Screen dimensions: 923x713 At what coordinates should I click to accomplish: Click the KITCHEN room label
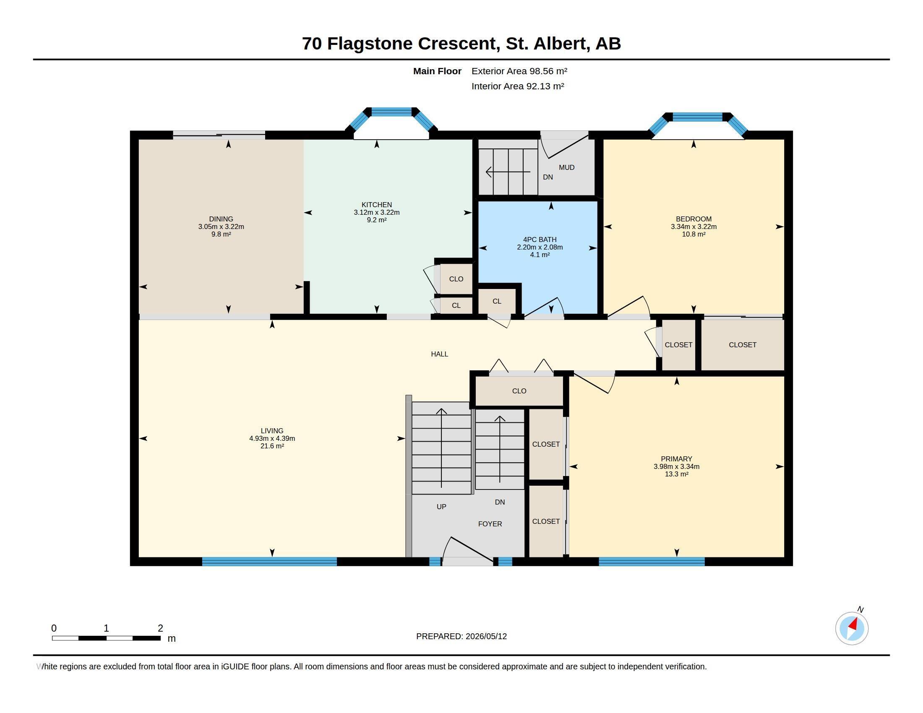coord(377,205)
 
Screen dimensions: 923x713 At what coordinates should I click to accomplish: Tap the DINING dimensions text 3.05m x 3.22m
coord(221,227)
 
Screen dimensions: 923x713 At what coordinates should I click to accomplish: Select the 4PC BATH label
coord(540,239)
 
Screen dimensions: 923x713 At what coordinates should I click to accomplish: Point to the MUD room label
coord(567,168)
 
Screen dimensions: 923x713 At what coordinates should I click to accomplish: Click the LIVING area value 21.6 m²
coord(272,446)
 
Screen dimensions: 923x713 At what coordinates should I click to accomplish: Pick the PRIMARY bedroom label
coord(677,459)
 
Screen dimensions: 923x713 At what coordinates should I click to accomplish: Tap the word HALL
coord(440,354)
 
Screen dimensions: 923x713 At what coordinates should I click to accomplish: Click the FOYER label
coord(490,524)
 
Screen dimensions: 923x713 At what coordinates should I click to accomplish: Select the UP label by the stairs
coord(441,507)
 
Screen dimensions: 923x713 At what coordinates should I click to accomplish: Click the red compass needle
coord(853,624)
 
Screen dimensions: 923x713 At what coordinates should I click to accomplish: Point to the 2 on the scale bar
coord(160,628)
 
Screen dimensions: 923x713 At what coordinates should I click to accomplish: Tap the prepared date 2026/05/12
coord(486,636)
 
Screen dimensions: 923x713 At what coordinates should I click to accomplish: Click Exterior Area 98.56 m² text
coord(519,71)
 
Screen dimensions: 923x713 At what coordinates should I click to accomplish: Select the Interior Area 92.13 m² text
coord(518,86)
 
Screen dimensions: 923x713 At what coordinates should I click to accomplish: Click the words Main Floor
coord(437,71)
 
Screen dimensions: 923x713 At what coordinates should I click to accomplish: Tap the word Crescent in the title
coord(456,44)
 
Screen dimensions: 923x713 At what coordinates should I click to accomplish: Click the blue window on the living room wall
coord(270,561)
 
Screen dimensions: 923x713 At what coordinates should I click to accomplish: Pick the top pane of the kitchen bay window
coord(391,112)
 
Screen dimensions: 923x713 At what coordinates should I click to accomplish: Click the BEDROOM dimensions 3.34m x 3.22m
coord(694,227)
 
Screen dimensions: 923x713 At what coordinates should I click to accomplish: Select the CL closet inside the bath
coord(497,301)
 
